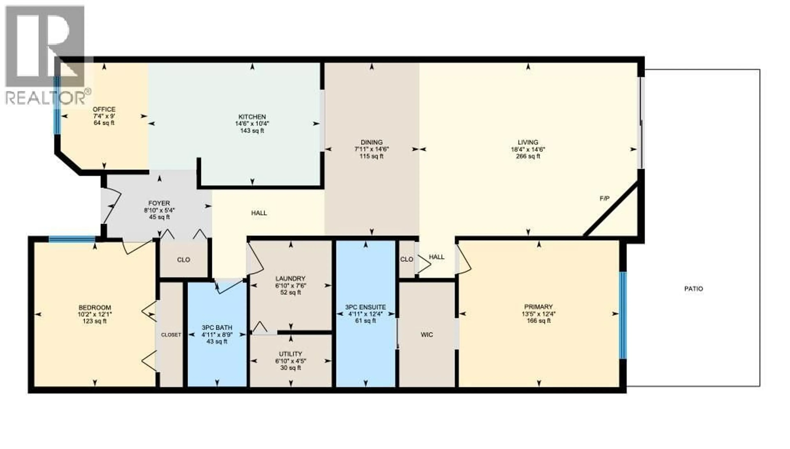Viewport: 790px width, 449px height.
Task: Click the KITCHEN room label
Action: (252, 117)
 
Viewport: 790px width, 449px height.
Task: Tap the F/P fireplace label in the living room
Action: (604, 199)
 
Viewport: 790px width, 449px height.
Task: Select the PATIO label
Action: (694, 289)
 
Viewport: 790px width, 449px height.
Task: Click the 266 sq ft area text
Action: (528, 156)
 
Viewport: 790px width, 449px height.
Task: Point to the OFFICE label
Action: (104, 109)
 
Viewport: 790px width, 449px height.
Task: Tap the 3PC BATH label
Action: (217, 328)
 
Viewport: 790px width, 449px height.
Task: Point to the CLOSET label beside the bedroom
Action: (171, 335)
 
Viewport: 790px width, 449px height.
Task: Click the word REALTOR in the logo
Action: (45, 98)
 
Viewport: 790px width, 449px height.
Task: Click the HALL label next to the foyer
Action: (259, 213)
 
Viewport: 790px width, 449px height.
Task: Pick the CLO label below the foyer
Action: (184, 260)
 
